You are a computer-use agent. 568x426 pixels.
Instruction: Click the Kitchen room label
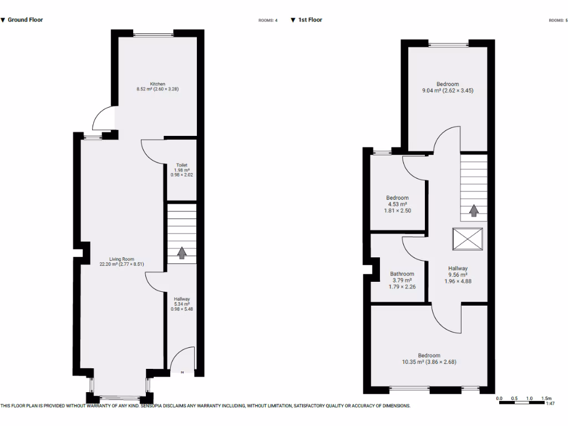point(158,84)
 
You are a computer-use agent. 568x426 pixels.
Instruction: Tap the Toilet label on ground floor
point(182,165)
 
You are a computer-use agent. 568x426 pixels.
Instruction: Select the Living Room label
point(122,259)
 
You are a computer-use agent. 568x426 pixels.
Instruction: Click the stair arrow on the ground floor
point(181,253)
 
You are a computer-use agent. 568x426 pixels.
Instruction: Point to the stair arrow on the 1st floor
point(474,211)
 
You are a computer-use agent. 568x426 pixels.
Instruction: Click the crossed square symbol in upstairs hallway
point(468,240)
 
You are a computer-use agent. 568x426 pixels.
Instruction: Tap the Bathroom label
point(402,274)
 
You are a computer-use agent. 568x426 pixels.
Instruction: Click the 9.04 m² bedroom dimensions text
point(447,90)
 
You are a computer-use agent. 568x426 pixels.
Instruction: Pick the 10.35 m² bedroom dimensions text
point(429,362)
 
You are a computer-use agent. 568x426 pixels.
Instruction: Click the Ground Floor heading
point(25,20)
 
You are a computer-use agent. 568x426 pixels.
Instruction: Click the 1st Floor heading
point(310,20)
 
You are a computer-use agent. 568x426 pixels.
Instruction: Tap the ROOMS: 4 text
point(268,21)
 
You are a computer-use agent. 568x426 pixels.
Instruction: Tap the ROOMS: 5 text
point(557,21)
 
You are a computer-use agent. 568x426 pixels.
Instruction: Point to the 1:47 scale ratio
point(550,404)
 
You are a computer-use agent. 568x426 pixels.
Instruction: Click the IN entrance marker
point(181,372)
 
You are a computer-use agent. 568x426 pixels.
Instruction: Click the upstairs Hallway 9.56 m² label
point(458,275)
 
